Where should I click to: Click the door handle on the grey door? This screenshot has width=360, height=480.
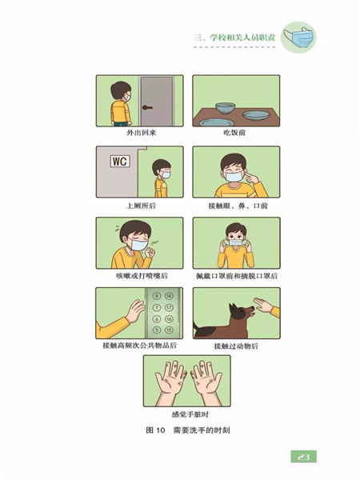click(147, 107)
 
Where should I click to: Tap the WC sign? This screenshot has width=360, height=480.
click(120, 162)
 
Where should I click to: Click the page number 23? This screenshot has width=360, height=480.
click(303, 457)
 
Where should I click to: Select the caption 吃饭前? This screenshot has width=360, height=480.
click(234, 133)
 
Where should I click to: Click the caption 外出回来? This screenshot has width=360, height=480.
click(141, 133)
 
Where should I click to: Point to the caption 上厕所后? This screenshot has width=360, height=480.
click(141, 206)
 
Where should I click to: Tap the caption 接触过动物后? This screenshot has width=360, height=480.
click(236, 346)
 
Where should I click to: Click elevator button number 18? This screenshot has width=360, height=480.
click(169, 296)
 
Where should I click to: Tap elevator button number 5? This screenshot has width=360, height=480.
click(157, 330)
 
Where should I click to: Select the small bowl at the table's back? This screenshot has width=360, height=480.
click(226, 108)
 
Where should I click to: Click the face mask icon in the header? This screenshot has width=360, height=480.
click(298, 38)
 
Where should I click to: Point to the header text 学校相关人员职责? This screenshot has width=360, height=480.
click(242, 38)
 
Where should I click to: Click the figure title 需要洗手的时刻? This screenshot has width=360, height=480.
click(202, 430)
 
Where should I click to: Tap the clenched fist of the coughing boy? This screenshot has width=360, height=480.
click(150, 252)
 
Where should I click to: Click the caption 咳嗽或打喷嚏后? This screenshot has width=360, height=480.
click(142, 276)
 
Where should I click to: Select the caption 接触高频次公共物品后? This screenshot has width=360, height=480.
click(139, 346)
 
